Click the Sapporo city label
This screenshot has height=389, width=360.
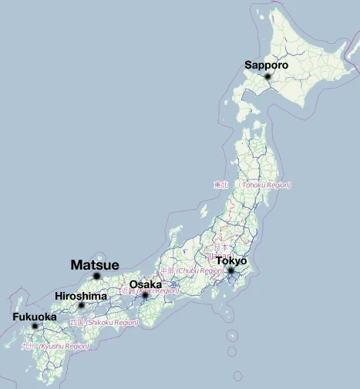click(266, 65)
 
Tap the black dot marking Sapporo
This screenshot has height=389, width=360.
click(267, 76)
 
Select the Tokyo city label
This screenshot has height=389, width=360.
click(231, 261)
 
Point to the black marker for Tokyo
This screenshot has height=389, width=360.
click(230, 270)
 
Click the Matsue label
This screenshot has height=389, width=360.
click(95, 265)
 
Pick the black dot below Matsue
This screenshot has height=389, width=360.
click(96, 276)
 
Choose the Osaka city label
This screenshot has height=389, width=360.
click(145, 285)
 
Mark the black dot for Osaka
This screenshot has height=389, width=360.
click(145, 295)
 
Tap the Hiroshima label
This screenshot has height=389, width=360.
click(81, 297)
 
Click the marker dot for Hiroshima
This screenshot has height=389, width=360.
click(81, 306)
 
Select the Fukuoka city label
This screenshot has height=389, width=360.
click(34, 317)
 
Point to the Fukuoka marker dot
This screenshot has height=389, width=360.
click(35, 327)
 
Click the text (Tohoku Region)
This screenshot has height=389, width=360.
click(264, 186)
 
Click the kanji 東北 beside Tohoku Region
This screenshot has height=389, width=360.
click(221, 186)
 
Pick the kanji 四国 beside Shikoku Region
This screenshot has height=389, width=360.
click(76, 322)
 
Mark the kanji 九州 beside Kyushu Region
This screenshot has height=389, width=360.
click(29, 347)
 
